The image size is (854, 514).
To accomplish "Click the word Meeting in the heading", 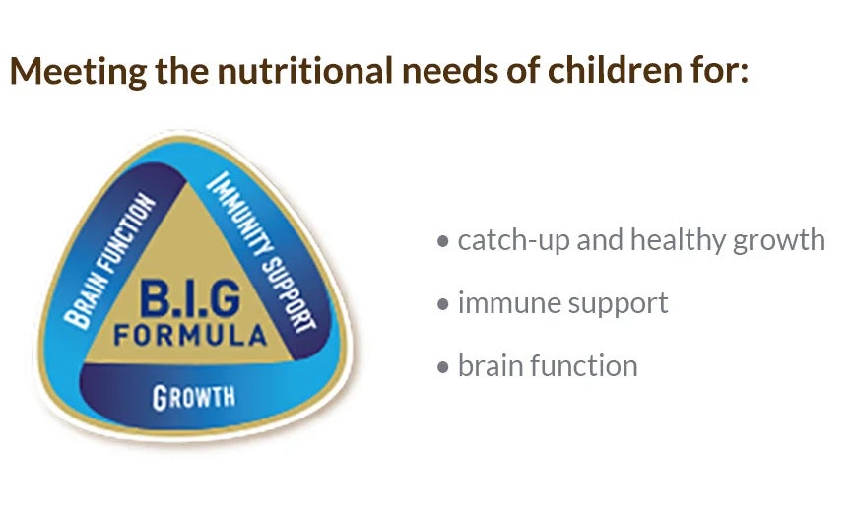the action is point(79,71).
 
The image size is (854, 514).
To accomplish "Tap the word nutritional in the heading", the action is point(305,70).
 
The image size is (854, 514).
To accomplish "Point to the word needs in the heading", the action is point(450,71).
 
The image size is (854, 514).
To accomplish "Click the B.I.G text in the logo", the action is point(189,298).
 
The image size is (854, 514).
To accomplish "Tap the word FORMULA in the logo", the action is point(190,335).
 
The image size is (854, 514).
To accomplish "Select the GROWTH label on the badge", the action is point(194,397).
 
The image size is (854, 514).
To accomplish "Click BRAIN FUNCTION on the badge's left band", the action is point(109,261).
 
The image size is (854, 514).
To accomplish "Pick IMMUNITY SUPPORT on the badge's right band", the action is point(261,251).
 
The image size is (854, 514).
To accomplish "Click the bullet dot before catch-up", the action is point(443,241).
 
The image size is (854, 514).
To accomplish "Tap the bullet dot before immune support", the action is point(443,304).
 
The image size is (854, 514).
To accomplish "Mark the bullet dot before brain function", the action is point(443,366).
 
